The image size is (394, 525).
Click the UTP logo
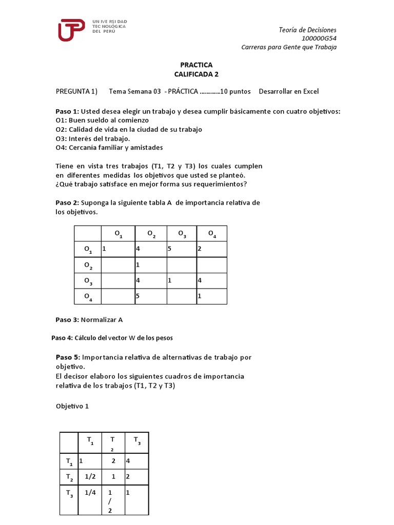pyautogui.click(x=71, y=29)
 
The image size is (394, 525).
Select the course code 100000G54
pyautogui.click(x=319, y=38)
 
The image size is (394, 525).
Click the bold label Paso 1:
pyautogui.click(x=67, y=111)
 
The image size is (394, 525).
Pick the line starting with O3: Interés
pyautogui.click(x=93, y=138)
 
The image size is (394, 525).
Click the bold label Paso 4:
pyautogui.click(x=63, y=338)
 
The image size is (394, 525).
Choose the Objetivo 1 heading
pyautogui.click(x=72, y=406)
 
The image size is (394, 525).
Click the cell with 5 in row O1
pyautogui.click(x=182, y=250)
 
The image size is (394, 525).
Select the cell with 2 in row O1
pyautogui.click(x=211, y=250)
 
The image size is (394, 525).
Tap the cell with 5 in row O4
pyautogui.click(x=150, y=296)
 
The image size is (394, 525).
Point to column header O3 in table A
pyautogui.click(x=182, y=234)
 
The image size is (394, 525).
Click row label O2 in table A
pyautogui.click(x=88, y=266)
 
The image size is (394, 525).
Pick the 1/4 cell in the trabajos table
pyautogui.click(x=90, y=492)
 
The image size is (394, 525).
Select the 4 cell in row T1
pyautogui.click(x=136, y=461)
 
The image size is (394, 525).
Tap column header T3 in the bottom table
pyautogui.click(x=136, y=440)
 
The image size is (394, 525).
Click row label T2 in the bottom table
pyautogui.click(x=69, y=477)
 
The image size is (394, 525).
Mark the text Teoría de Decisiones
pyautogui.click(x=307, y=30)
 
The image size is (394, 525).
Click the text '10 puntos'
pyautogui.click(x=235, y=92)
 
